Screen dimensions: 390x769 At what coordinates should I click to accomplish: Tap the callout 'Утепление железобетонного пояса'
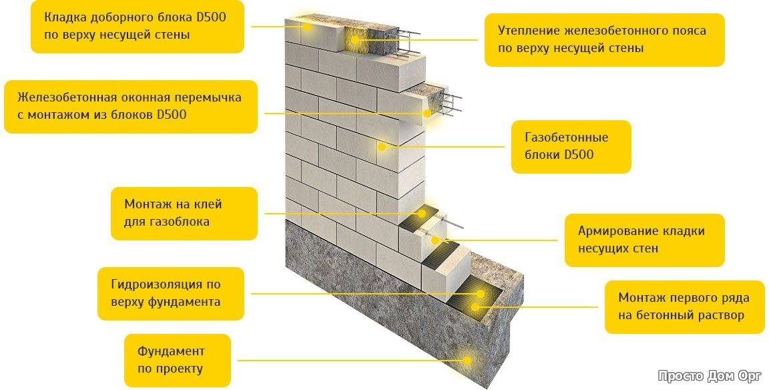click(604, 39)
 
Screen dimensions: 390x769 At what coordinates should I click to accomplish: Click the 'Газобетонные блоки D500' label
click(571, 146)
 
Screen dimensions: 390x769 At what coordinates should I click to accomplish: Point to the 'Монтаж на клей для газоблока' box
click(184, 212)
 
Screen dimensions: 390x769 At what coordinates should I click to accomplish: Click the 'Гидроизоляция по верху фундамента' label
click(170, 293)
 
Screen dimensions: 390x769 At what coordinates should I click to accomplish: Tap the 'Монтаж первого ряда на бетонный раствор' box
click(684, 307)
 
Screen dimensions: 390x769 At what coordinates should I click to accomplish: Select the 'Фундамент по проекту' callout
click(176, 360)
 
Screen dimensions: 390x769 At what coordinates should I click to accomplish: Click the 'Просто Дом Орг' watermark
click(709, 375)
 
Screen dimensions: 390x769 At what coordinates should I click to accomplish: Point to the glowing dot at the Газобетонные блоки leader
click(383, 146)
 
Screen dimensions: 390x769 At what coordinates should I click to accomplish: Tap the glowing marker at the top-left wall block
click(308, 27)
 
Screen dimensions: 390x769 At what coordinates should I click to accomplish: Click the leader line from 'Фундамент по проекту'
click(347, 360)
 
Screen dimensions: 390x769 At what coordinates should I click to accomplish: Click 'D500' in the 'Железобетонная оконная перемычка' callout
click(172, 115)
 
